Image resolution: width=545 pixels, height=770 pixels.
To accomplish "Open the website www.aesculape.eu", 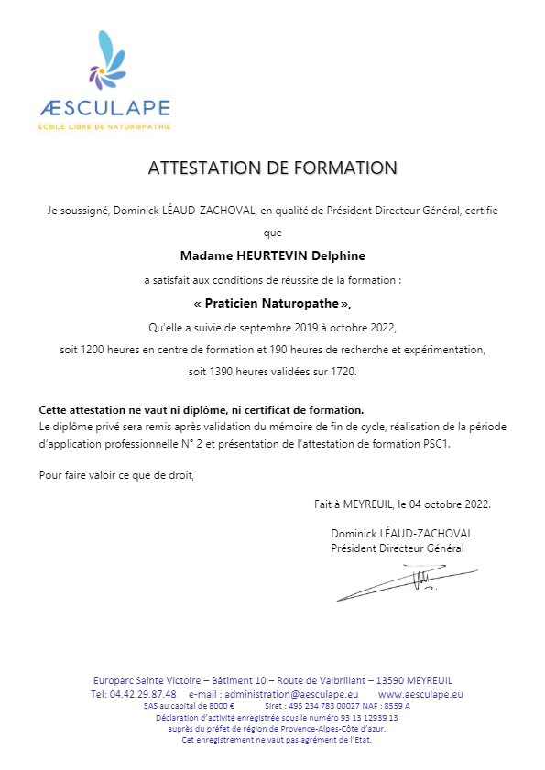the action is (x=420, y=694).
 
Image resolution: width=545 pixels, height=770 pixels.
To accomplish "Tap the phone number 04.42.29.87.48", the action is (x=132, y=694).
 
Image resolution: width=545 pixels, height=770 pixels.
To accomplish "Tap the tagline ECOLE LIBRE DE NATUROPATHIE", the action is (x=104, y=125).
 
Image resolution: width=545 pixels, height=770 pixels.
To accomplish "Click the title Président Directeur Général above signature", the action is (x=397, y=548).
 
